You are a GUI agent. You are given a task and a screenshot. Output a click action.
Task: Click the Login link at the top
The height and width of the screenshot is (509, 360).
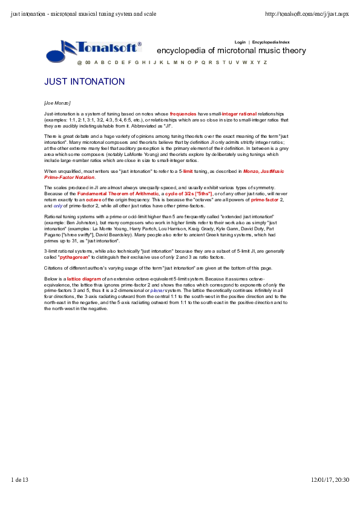pyautogui.click(x=240, y=42)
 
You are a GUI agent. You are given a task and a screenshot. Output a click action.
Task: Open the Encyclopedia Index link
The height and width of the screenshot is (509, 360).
pyautogui.click(x=271, y=42)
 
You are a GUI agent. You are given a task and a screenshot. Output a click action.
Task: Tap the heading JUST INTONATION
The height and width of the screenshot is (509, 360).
pyautogui.click(x=85, y=82)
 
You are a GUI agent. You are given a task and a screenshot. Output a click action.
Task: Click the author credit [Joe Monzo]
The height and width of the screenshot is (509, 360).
pyautogui.click(x=57, y=103)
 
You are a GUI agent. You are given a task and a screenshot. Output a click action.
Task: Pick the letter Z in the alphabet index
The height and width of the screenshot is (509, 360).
pyautogui.click(x=265, y=62)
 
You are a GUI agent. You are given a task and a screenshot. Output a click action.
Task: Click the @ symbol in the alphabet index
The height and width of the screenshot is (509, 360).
pyautogui.click(x=79, y=62)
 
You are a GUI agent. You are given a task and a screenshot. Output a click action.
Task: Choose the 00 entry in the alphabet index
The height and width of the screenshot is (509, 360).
pyautogui.click(x=88, y=62)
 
